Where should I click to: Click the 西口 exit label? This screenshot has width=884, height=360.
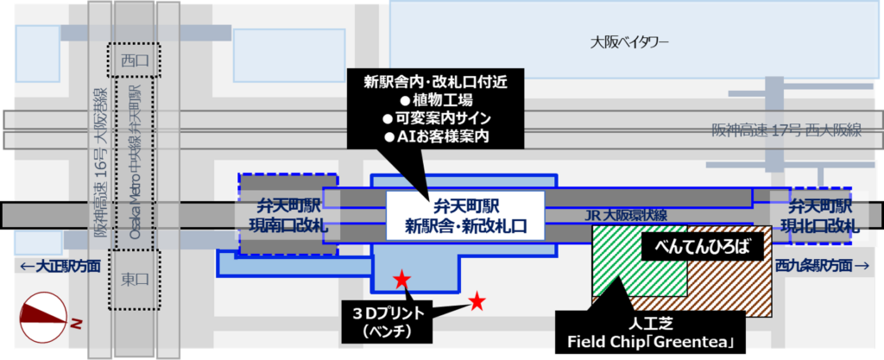[x=135, y=60]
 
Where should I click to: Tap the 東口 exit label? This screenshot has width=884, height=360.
[x=135, y=281]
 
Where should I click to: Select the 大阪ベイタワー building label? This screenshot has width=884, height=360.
[x=630, y=41]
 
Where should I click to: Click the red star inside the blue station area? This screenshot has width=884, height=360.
[x=401, y=279]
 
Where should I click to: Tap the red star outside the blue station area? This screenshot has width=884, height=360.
[x=476, y=300]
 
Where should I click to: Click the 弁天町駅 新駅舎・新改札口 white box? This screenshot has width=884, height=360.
[x=466, y=217]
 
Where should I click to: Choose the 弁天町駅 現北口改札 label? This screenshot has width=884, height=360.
[x=819, y=217]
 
